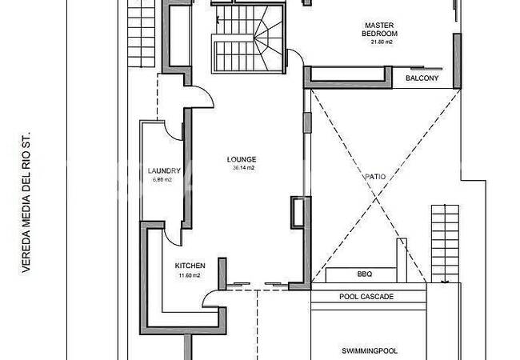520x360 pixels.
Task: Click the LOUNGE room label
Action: coord(242,159)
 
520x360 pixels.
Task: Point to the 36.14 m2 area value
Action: coord(243,169)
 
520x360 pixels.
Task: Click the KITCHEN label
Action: coord(190,266)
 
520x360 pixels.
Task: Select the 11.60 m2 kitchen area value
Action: coord(189,275)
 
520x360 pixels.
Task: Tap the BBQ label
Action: coord(364,274)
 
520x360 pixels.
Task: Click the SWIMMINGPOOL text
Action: coord(369,350)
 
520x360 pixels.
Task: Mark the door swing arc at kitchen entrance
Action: coord(212,299)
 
